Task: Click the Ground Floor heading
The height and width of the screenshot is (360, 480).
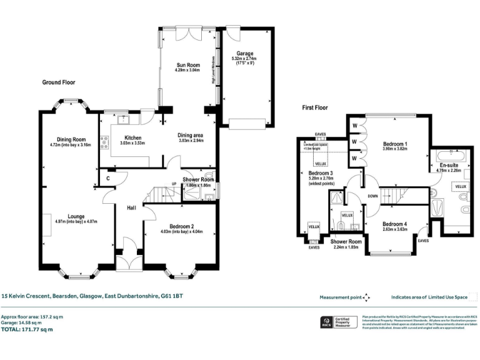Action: tap(59, 82)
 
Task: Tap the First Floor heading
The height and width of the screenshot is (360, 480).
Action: tap(315, 107)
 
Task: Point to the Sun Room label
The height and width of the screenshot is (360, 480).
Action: tap(187, 64)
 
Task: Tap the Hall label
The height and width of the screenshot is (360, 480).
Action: tap(131, 207)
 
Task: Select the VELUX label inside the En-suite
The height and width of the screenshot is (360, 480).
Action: tap(461, 186)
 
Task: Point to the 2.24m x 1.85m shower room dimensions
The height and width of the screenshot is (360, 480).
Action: tap(346, 247)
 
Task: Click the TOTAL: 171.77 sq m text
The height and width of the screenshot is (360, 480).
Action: tap(27, 329)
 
